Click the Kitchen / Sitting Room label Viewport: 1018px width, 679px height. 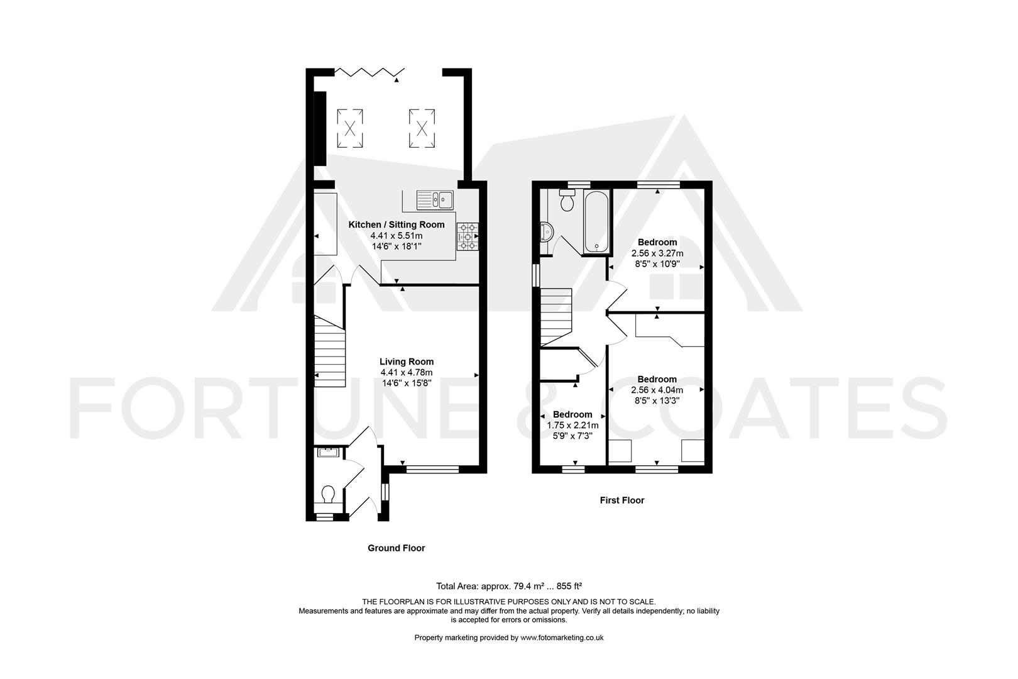coord(397,224)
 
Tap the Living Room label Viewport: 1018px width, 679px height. coord(407,362)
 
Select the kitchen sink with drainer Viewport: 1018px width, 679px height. coord(435,200)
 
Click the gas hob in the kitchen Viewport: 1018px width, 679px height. coord(468,236)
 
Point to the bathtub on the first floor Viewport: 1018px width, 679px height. coord(597,222)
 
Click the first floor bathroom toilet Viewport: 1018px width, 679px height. coord(567,200)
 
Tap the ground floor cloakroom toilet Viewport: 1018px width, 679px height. coord(328,495)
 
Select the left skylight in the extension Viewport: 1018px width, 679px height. coord(350,128)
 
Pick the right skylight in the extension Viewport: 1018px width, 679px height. coord(422,128)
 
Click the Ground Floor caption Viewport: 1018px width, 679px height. coord(397,548)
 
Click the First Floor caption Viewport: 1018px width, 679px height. coord(622,500)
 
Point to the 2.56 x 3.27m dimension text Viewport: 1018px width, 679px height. coord(657,253)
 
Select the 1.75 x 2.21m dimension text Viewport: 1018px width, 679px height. coord(572,426)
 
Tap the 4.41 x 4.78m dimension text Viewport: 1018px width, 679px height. coord(407,373)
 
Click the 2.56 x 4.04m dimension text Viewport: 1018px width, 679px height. coord(657,390)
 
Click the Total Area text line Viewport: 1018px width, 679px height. coord(509,586)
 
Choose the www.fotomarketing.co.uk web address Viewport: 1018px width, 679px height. coord(562,638)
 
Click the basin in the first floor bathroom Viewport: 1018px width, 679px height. coord(547,233)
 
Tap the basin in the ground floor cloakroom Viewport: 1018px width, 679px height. coord(327,453)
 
